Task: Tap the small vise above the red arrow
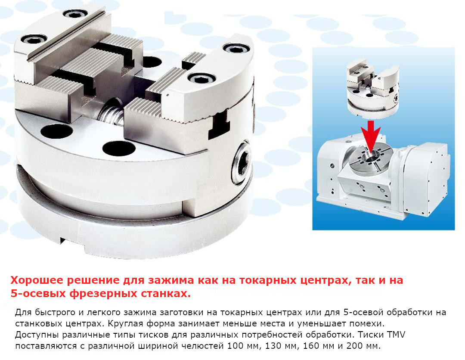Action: point(373,88)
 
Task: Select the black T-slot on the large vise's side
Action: point(219,126)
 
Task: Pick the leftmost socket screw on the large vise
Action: point(34,39)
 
